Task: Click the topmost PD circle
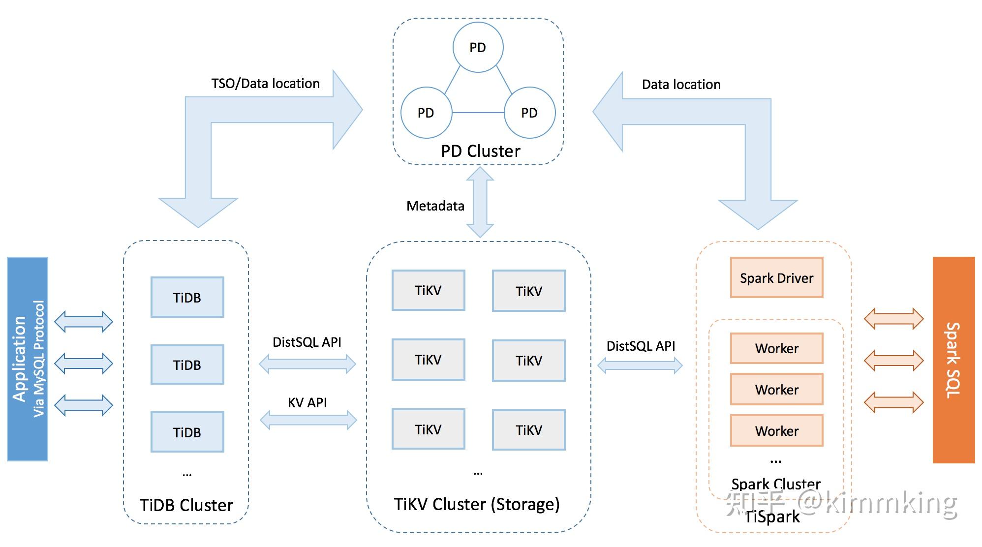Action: (478, 47)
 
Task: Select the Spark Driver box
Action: (776, 278)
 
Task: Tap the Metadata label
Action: (435, 206)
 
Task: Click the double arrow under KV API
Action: (308, 420)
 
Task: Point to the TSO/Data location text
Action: (266, 84)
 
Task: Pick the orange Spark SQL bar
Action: (953, 360)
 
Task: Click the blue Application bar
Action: (28, 359)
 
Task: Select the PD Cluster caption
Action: (480, 151)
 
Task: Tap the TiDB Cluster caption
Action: (186, 505)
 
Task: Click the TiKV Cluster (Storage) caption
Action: (477, 504)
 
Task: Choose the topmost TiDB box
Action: (187, 297)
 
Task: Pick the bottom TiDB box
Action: (187, 432)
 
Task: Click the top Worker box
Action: (776, 348)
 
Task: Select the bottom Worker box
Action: (776, 431)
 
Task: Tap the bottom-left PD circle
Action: (426, 113)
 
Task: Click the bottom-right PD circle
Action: (529, 113)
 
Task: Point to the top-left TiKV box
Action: (428, 290)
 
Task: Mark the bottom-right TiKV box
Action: (529, 430)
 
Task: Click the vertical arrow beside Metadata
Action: (480, 202)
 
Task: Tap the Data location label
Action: (681, 85)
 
